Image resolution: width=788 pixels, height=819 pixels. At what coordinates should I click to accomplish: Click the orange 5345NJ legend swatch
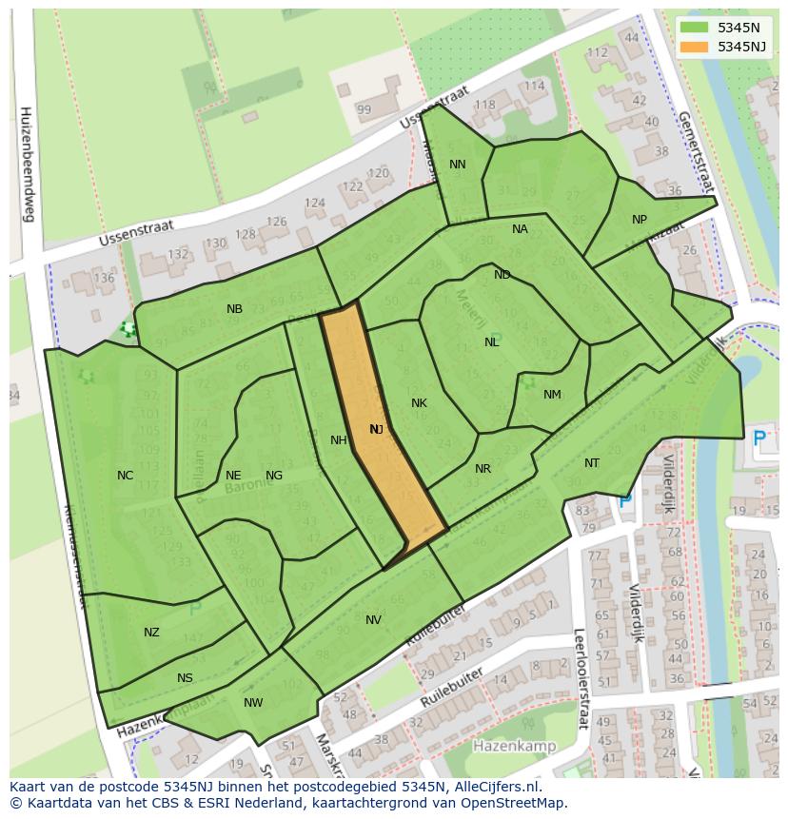pyautogui.click(x=695, y=47)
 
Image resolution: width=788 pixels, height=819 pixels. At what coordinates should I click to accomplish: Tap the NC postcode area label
pyautogui.click(x=125, y=476)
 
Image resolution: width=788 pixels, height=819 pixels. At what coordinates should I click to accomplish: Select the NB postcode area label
pyautogui.click(x=234, y=309)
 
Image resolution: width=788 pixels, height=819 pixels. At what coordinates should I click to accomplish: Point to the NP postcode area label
pyautogui.click(x=640, y=220)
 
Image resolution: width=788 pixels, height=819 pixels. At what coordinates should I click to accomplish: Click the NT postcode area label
pyautogui.click(x=592, y=463)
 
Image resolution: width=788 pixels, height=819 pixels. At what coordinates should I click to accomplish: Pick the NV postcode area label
pyautogui.click(x=373, y=620)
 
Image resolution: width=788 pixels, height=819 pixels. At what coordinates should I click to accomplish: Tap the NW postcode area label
pyautogui.click(x=253, y=703)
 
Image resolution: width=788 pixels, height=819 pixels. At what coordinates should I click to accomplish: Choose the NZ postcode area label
pyautogui.click(x=151, y=633)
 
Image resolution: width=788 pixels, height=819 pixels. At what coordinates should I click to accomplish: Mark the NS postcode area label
pyautogui.click(x=185, y=678)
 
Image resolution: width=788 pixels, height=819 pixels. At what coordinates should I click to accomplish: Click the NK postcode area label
pyautogui.click(x=419, y=403)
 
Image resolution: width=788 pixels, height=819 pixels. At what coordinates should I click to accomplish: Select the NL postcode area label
pyautogui.click(x=491, y=342)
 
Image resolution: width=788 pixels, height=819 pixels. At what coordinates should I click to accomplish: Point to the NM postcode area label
pyautogui.click(x=552, y=395)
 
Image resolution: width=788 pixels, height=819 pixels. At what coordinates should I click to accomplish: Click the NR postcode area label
pyautogui.click(x=483, y=469)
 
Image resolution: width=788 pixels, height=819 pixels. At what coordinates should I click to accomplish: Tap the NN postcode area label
pyautogui.click(x=457, y=165)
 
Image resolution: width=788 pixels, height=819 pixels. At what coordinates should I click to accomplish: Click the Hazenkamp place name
pyautogui.click(x=514, y=747)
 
